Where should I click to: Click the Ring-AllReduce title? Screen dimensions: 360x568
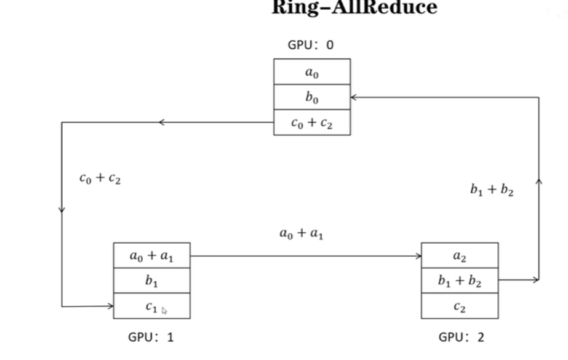pos(354,8)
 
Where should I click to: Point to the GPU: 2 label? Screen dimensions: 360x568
pos(461,337)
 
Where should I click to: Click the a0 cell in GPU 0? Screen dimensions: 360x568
pos(312,72)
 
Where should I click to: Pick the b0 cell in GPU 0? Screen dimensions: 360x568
pos(312,97)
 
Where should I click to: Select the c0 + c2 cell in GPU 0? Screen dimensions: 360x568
pos(312,123)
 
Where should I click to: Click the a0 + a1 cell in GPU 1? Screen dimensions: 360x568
pos(151,255)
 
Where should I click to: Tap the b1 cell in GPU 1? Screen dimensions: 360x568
pos(151,281)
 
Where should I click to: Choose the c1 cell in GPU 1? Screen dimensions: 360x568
pos(151,306)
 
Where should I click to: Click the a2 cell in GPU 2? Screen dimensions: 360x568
pos(460,255)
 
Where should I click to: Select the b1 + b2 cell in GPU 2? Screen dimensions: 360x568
pos(460,281)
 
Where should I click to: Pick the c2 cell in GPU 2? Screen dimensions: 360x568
pos(460,306)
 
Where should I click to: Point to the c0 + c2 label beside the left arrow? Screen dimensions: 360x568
pos(100,179)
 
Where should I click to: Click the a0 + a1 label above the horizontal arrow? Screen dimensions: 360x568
pos(302,233)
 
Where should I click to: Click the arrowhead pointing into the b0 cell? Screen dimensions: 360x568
pos(354,97)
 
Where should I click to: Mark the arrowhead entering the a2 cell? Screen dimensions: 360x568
pos(418,255)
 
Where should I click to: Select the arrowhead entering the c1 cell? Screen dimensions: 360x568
pos(110,306)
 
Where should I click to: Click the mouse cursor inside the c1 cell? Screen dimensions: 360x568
pos(164,311)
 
